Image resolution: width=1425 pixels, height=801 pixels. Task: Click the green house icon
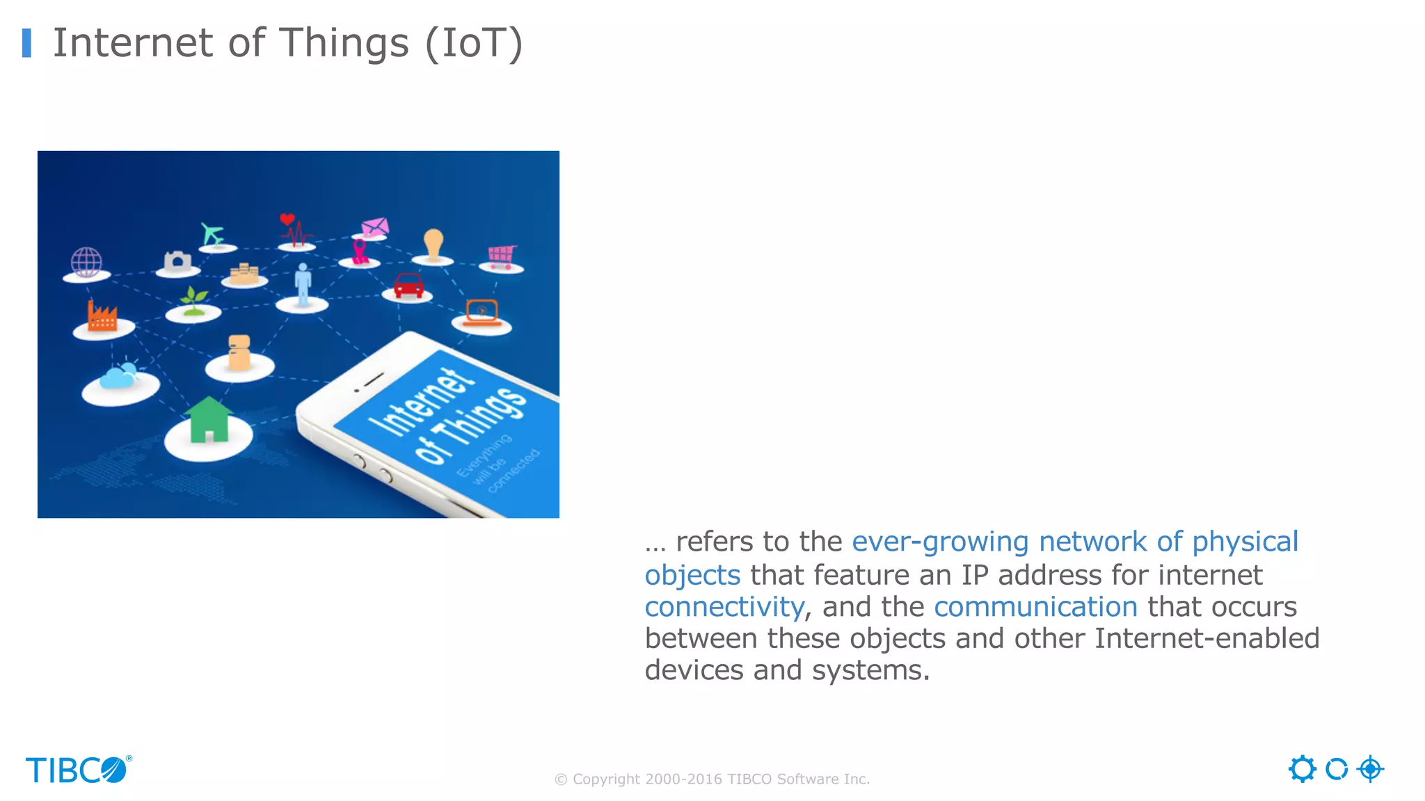click(x=208, y=420)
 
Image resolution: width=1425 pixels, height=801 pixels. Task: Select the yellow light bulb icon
click(x=433, y=244)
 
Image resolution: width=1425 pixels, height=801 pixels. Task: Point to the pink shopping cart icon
click(x=502, y=256)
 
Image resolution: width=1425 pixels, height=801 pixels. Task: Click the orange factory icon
click(x=102, y=317)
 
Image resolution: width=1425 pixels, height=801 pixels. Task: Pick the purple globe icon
click(x=86, y=262)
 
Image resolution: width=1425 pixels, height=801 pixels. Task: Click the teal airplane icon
click(x=212, y=234)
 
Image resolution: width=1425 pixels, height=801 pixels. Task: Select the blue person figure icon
click(x=303, y=284)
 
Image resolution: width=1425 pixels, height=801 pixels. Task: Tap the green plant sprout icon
click(x=193, y=302)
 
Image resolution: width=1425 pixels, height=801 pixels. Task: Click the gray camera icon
click(x=178, y=261)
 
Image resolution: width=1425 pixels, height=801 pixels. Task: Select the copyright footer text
click(x=712, y=779)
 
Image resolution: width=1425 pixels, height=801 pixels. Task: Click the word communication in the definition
click(x=1035, y=607)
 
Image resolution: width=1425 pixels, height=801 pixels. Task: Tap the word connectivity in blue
click(x=724, y=607)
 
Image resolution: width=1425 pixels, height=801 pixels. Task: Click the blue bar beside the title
click(x=26, y=43)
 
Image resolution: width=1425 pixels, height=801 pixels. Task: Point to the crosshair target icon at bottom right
click(x=1370, y=769)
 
